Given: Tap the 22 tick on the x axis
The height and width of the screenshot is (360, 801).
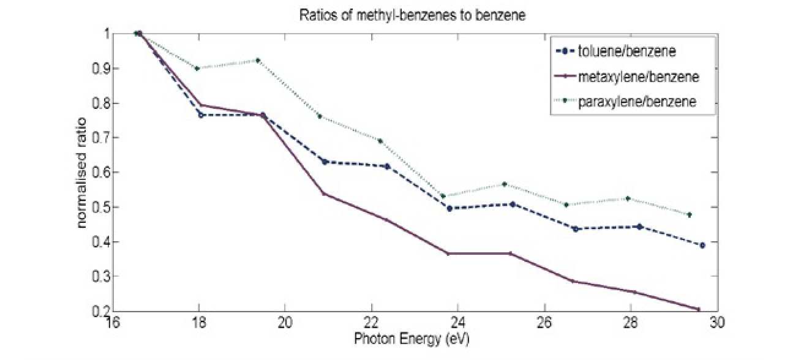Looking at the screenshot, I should coord(371,323).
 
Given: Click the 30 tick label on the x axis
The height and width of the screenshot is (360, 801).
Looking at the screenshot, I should coord(717,323).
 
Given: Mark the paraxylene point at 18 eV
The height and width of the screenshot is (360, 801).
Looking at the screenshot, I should coord(197,68).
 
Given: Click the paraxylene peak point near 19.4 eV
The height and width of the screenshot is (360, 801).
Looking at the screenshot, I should coord(258,60).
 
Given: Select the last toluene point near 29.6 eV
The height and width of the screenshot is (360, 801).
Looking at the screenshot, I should coord(702,245).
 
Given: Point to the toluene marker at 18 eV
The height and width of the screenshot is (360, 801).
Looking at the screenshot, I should coord(200,115).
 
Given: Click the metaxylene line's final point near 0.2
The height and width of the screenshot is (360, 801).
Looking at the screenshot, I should coord(698,309).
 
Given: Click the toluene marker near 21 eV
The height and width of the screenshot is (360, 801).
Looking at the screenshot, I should coord(325,162).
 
